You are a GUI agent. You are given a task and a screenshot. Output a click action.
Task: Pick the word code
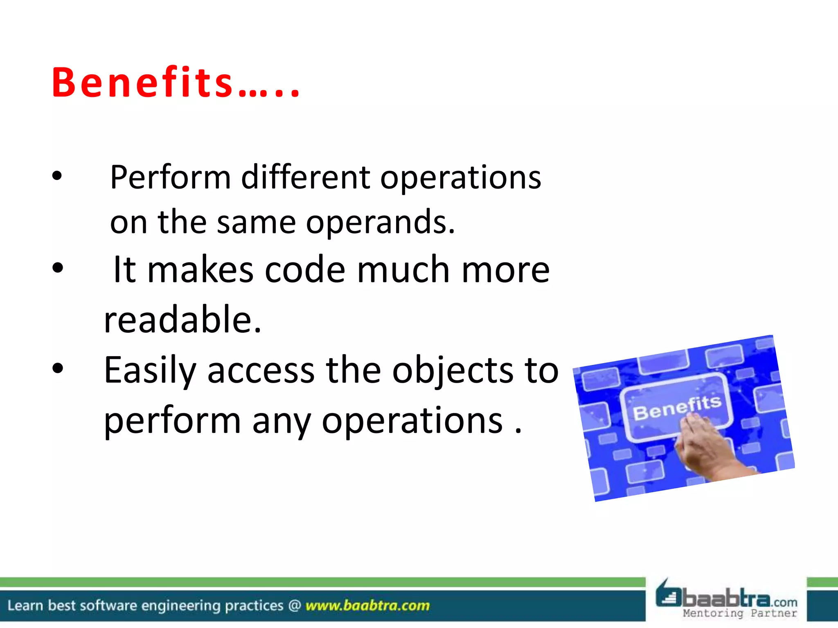(305, 270)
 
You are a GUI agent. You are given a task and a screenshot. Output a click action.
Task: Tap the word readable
(182, 320)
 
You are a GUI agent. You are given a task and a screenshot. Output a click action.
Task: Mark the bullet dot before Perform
(57, 176)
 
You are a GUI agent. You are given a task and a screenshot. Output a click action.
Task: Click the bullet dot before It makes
(58, 268)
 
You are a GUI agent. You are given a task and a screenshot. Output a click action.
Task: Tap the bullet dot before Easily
(58, 368)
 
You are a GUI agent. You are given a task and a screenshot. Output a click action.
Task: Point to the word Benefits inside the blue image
(677, 407)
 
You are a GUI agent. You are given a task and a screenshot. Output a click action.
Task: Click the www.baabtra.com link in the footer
(367, 606)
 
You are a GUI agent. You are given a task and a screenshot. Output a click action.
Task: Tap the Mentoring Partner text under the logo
(740, 613)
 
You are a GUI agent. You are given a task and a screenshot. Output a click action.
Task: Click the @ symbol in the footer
(295, 606)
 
